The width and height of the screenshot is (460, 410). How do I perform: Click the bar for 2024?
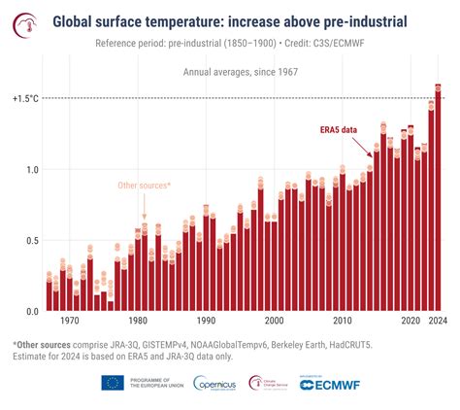(438, 204)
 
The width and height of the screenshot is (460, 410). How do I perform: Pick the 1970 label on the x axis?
(69, 321)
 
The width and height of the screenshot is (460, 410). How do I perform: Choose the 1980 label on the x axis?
(138, 321)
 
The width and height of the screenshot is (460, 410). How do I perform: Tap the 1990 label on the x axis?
(206, 321)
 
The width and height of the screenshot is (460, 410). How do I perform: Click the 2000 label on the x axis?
(274, 321)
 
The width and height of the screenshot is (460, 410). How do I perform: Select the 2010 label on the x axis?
(343, 321)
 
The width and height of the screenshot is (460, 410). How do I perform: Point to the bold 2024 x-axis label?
(438, 321)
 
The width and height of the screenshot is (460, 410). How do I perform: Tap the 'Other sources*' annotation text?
(144, 185)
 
